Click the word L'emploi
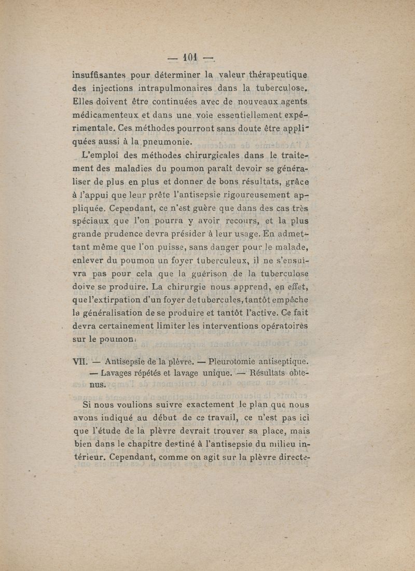(101, 155)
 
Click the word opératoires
(282, 326)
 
